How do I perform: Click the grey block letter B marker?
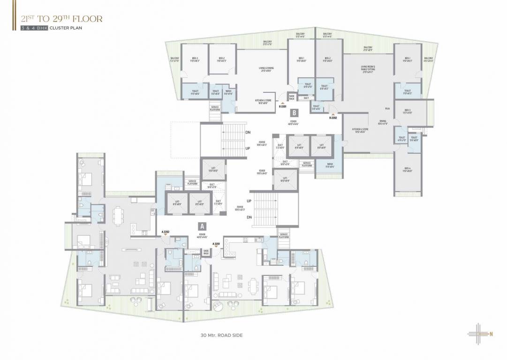[x=294, y=112]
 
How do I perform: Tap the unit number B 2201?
[x=283, y=106]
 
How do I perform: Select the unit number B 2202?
[x=333, y=118]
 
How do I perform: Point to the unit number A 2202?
[x=166, y=232]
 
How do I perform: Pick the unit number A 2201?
[x=216, y=244]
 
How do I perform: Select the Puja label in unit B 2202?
[x=387, y=108]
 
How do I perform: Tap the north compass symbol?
[x=481, y=334]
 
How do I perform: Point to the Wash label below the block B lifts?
[x=329, y=165]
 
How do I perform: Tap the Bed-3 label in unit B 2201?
[x=194, y=59]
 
